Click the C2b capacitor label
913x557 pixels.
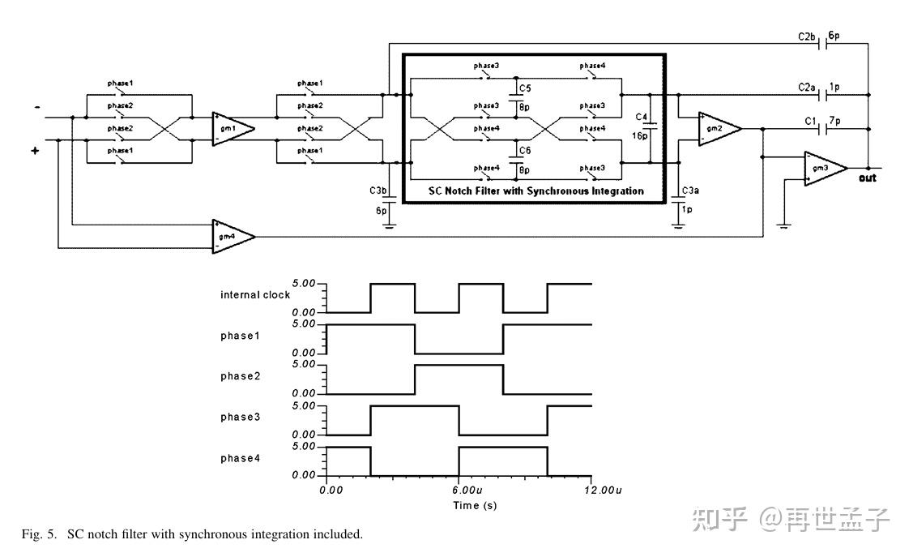[x=807, y=37]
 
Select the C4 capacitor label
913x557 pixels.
[x=642, y=118]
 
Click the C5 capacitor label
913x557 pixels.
[x=525, y=88]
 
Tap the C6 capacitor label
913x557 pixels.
[x=525, y=151]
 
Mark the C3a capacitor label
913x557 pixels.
[x=690, y=191]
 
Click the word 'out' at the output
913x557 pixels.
[x=868, y=178]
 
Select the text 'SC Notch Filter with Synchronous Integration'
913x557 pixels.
[x=535, y=191]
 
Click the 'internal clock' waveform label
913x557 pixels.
[x=255, y=295]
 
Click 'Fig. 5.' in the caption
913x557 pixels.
[x=39, y=534]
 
